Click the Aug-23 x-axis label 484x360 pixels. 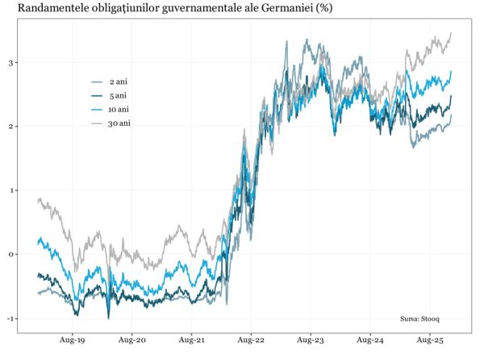coord(311,341)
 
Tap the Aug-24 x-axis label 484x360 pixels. coord(370,341)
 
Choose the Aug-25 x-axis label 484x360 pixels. coord(429,341)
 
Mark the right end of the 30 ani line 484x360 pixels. coord(450,33)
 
